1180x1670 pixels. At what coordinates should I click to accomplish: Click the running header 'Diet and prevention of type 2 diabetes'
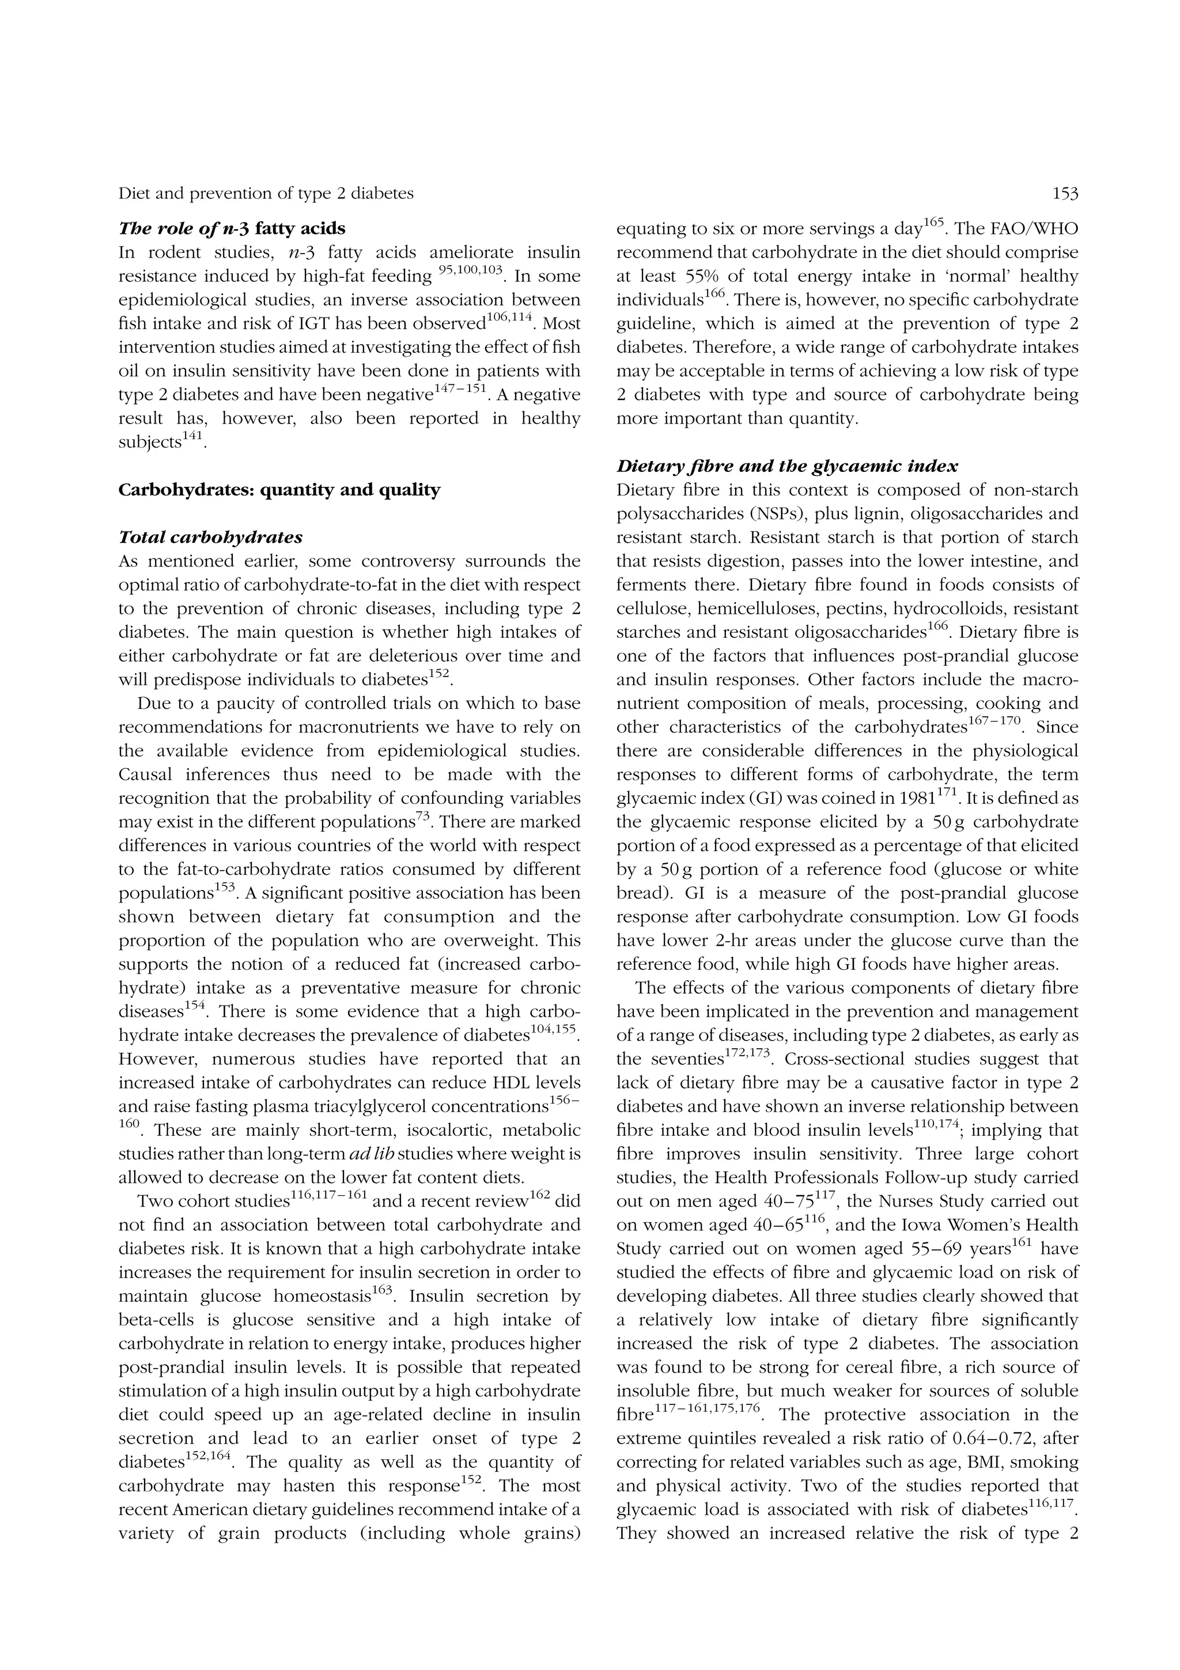pos(266,194)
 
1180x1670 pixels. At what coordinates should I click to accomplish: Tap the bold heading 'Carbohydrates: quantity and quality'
pos(279,489)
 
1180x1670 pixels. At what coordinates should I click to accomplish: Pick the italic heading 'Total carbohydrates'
pos(210,538)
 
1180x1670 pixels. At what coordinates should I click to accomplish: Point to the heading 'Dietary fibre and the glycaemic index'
pos(786,466)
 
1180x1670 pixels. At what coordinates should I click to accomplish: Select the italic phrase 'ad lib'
pos(372,1154)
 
